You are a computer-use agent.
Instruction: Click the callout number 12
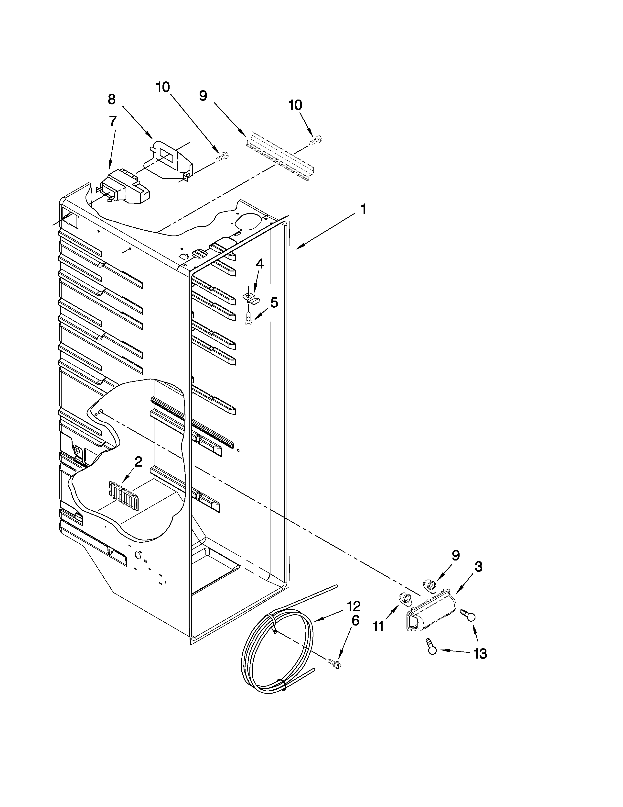(353, 606)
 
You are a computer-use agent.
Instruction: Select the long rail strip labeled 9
(281, 156)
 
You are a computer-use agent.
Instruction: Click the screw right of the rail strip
(316, 140)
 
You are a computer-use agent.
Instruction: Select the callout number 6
(355, 621)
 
